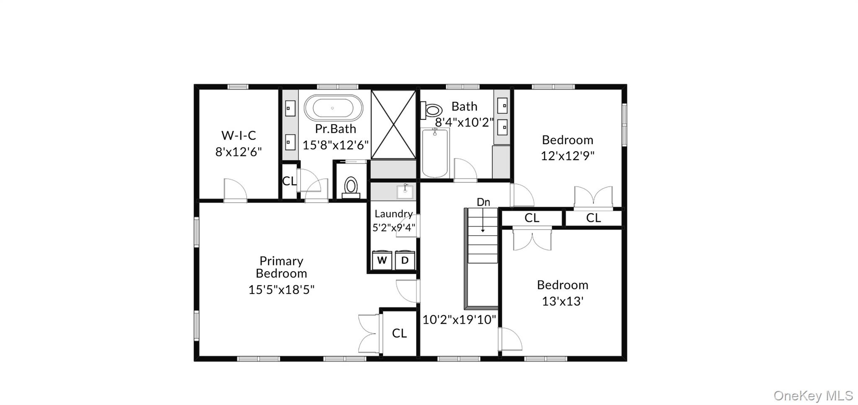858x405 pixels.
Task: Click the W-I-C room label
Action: tap(238, 135)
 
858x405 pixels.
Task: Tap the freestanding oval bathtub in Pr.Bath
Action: tap(333, 108)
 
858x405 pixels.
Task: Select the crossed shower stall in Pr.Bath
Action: tap(393, 125)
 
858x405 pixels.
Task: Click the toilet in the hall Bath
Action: tap(432, 110)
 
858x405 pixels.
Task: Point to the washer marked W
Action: tap(382, 260)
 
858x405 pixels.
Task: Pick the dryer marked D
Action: tap(405, 260)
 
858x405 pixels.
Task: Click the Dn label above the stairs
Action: tap(483, 202)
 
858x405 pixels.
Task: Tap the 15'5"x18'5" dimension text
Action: tap(281, 290)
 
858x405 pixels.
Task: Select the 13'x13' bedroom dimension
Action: tap(562, 301)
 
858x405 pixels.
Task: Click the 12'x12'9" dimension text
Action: tap(567, 156)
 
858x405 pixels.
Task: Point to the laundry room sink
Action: tap(405, 192)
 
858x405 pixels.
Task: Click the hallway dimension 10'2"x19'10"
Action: tap(459, 320)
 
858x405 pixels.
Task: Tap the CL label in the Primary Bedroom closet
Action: tap(399, 333)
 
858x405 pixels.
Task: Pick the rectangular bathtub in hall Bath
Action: tap(435, 153)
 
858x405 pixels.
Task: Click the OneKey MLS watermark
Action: tap(813, 395)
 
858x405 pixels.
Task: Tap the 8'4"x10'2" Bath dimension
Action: tap(464, 122)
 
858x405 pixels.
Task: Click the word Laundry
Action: tap(393, 214)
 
